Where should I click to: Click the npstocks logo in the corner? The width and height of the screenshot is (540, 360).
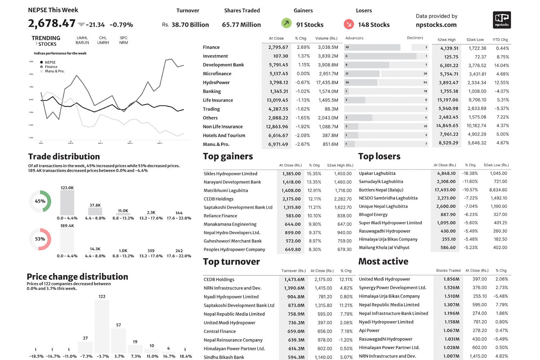[x=501, y=20]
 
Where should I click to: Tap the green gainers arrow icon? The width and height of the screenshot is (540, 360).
[x=286, y=23]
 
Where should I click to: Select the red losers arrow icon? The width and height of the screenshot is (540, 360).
[x=348, y=24]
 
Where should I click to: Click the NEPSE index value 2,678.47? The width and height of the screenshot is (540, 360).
[x=52, y=23]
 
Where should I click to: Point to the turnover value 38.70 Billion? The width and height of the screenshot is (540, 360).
[x=190, y=25]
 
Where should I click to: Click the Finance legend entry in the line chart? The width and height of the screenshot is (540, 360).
[x=51, y=67]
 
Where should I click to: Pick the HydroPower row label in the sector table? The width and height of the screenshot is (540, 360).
[x=216, y=82]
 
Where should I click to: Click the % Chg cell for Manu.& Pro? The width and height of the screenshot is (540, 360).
[x=302, y=144]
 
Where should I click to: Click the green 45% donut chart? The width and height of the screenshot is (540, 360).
[x=40, y=201]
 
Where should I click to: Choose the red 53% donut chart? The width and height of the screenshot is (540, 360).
[x=40, y=239]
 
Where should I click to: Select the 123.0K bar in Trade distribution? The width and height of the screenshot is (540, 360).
[x=67, y=203]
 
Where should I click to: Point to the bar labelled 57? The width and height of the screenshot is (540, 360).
[x=118, y=340]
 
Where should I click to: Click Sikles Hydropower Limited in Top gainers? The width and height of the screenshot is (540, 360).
[x=230, y=174]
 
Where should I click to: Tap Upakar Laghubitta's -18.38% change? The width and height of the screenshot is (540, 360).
[x=469, y=173]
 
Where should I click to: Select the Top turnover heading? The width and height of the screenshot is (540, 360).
[x=231, y=262]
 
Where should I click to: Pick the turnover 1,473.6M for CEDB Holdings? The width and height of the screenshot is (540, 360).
[x=294, y=279]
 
